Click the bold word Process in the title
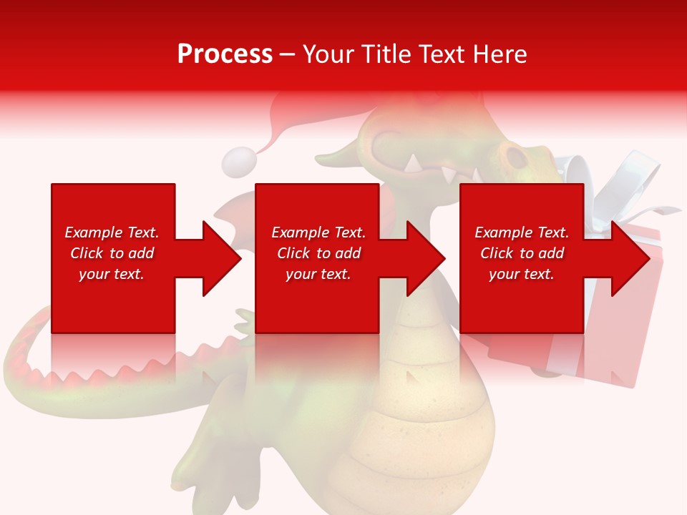(x=225, y=54)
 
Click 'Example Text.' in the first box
(x=112, y=232)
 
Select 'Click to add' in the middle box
(x=318, y=253)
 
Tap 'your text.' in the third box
(x=521, y=274)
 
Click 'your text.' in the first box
(x=112, y=274)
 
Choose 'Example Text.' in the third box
(x=522, y=232)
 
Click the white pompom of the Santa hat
(x=238, y=162)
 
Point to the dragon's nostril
(x=513, y=154)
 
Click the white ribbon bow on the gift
(x=630, y=179)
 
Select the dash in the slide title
(x=287, y=54)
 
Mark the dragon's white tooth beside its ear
(x=414, y=163)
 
